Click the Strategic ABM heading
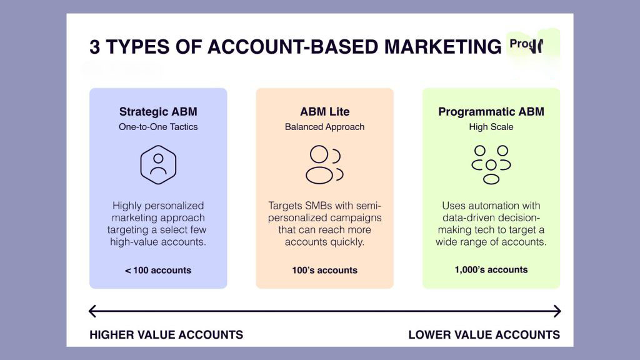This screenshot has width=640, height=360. click(x=158, y=112)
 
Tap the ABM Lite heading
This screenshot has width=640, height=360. click(x=324, y=112)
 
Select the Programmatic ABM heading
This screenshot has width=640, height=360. click(x=491, y=112)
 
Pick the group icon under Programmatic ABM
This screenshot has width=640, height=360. click(x=491, y=164)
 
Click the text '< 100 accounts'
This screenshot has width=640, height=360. click(x=158, y=271)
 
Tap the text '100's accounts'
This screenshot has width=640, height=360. click(x=324, y=271)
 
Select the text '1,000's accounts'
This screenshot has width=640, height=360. click(x=491, y=270)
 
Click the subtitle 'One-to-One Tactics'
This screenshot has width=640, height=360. click(x=158, y=127)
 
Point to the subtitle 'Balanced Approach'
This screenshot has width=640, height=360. click(x=324, y=127)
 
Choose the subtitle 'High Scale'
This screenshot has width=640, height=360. click(x=491, y=127)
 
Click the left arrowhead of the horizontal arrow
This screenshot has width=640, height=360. click(x=92, y=311)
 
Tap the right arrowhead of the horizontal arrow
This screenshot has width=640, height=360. click(x=557, y=311)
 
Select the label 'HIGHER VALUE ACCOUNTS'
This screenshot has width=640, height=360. click(x=166, y=335)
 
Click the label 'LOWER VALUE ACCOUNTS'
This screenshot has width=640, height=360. click(x=484, y=335)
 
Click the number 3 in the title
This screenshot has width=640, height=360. click(x=94, y=47)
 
